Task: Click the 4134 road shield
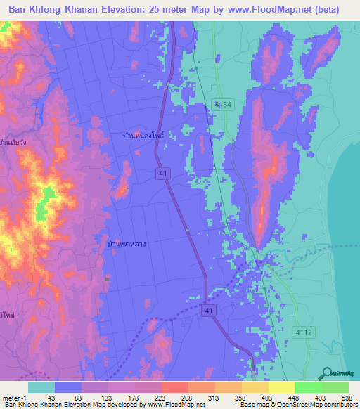tap(223, 104)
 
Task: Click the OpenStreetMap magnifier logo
tap(328, 374)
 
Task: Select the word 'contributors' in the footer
tap(339, 405)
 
